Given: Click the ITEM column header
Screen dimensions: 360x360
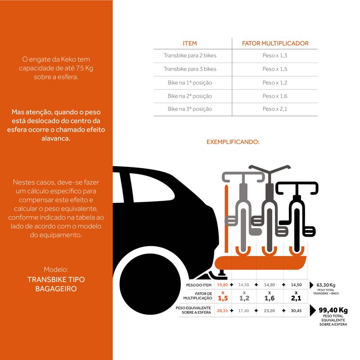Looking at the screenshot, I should (x=190, y=43).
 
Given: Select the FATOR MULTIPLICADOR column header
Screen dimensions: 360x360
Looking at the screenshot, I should (x=275, y=43).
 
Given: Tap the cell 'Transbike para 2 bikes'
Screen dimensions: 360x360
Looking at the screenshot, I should (x=190, y=56).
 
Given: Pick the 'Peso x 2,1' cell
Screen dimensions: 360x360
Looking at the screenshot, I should (x=275, y=109).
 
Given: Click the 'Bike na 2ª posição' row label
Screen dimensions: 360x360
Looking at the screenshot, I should (x=190, y=96).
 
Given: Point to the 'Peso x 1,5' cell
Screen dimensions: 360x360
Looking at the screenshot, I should (x=275, y=69).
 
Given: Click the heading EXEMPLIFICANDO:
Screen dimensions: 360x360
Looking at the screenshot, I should (x=233, y=142).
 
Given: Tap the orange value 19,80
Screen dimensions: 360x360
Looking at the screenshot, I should (x=222, y=285).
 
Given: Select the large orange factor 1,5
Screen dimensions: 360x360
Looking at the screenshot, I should (x=223, y=298).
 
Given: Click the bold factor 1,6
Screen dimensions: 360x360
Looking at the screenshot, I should (x=269, y=298).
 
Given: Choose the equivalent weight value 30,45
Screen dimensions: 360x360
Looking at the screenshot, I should (x=296, y=310).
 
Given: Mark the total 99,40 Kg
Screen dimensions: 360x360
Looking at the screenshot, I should (x=333, y=310).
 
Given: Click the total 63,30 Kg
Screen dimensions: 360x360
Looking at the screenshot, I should (x=326, y=285).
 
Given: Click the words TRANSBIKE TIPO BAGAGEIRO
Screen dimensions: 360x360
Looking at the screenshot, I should (x=56, y=283).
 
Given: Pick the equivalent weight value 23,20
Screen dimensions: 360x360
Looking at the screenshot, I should (x=269, y=310).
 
